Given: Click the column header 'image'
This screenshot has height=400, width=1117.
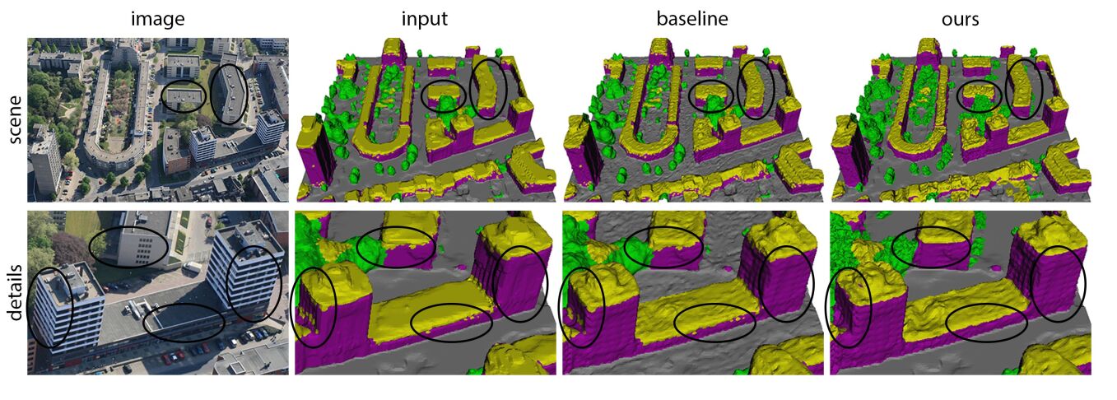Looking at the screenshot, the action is click(x=157, y=19).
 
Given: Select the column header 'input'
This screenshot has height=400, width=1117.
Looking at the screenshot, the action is click(x=425, y=20).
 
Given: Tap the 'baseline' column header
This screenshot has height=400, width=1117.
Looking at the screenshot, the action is click(x=691, y=18).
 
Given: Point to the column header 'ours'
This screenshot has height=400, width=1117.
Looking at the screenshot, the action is click(x=960, y=20).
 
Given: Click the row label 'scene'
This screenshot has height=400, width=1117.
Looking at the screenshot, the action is click(x=15, y=119).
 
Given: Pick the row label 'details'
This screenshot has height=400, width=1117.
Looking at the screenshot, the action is click(x=15, y=292).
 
